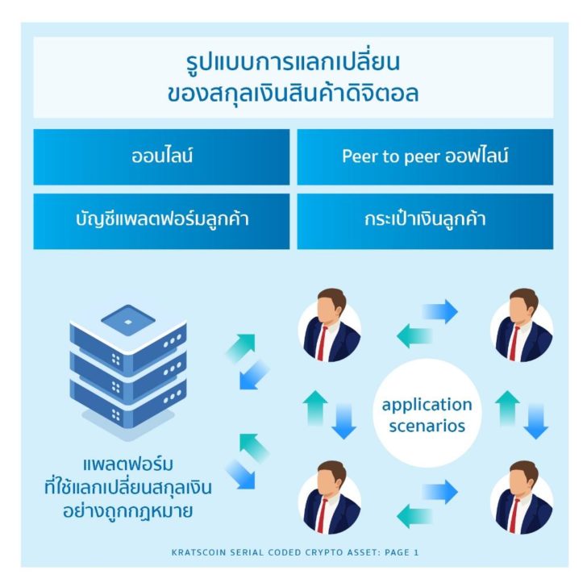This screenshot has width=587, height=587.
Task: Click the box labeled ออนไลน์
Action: coord(161,157)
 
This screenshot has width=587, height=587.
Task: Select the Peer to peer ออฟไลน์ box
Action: coord(425,157)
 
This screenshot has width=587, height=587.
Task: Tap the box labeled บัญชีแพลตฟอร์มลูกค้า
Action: coord(161,221)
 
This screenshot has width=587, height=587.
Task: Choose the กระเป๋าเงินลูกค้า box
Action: coord(425,221)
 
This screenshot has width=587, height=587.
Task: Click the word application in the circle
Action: coord(427,405)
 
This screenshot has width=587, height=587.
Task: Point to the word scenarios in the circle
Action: coord(427,426)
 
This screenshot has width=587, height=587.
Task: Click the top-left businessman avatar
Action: coord(330,325)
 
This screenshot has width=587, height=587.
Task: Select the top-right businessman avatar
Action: coord(522,325)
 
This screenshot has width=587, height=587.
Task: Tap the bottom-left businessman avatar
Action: coord(330,497)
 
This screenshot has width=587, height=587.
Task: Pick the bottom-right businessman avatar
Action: coord(522,497)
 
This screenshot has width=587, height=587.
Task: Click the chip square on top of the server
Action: coord(128,320)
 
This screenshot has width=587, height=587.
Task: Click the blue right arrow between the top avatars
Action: coord(440,311)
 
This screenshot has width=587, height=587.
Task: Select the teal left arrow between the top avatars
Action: coord(414,335)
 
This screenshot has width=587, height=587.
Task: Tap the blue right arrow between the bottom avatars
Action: coord(440,492)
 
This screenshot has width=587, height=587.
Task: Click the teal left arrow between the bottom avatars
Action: coord(414,516)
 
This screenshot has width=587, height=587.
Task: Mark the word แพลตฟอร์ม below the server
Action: coord(128,464)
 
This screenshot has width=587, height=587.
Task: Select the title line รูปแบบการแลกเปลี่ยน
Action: coord(293,62)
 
